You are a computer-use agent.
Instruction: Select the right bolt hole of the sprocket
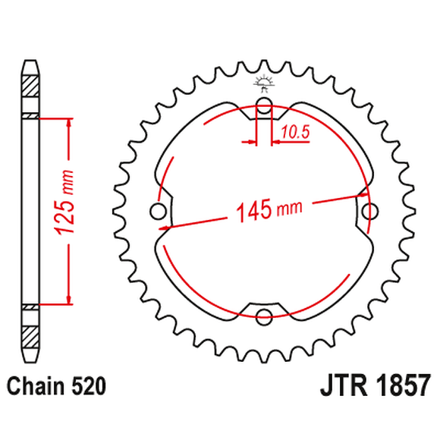coord(370,209)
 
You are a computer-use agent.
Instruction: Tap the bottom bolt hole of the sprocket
coord(263,315)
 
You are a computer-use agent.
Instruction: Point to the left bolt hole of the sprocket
coord(159,210)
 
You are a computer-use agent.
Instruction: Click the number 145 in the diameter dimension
coord(252,211)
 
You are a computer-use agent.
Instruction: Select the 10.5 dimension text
coord(295,133)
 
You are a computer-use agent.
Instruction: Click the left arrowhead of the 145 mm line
coord(165,225)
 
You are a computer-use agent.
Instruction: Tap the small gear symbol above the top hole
coord(263,81)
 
